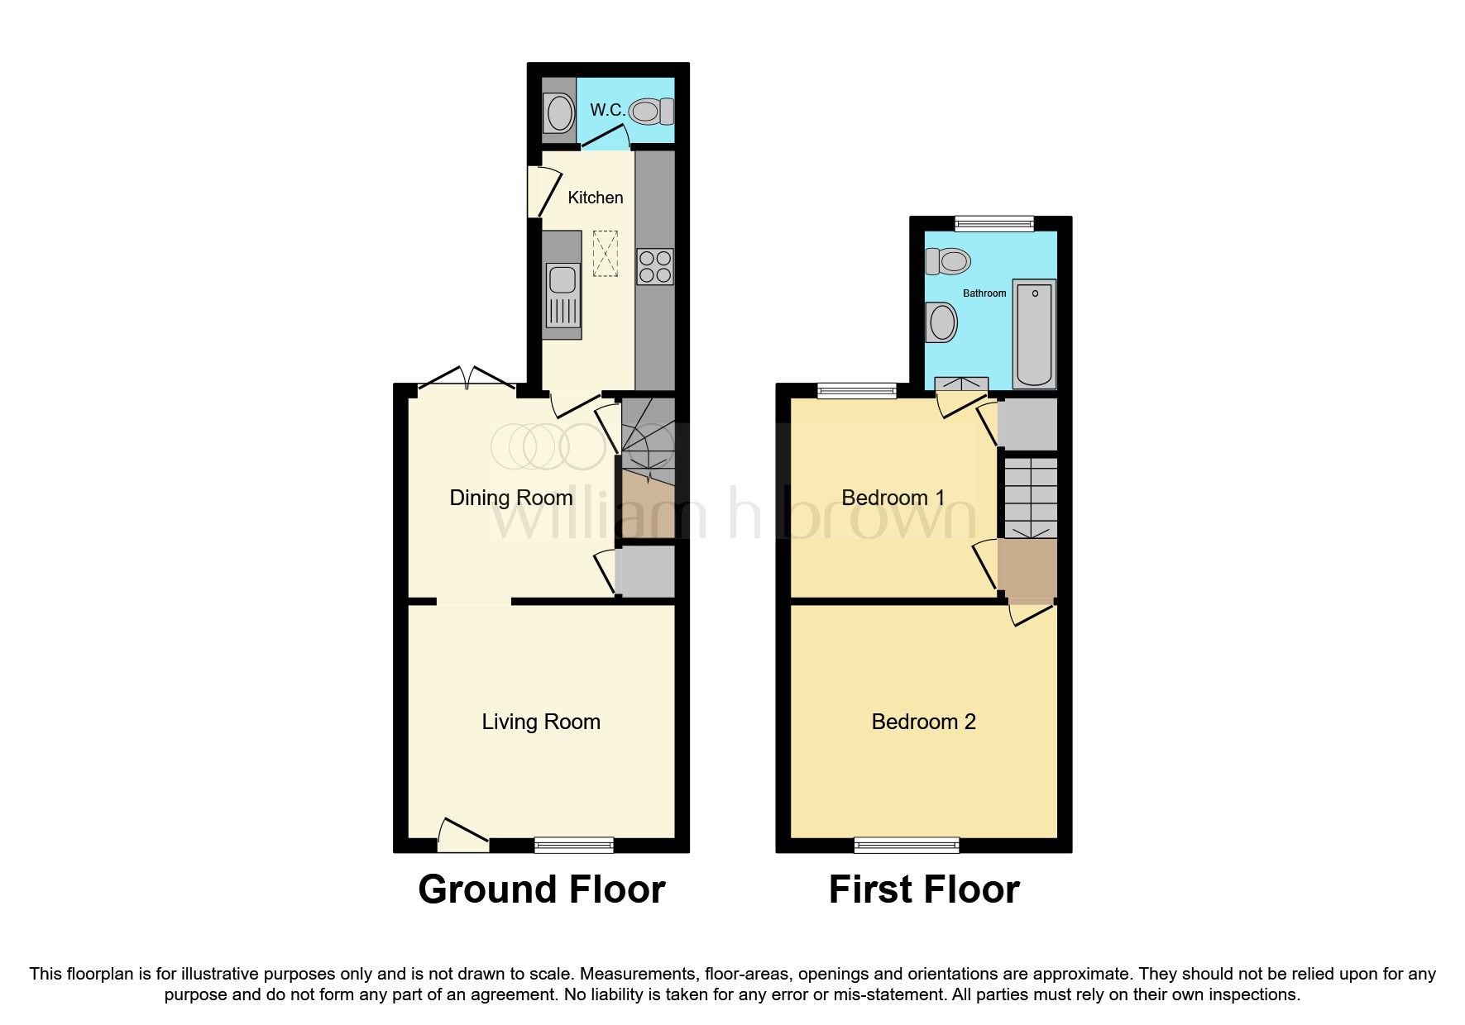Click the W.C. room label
(x=606, y=110)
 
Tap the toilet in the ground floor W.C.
(x=652, y=111)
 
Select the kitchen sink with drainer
(x=563, y=295)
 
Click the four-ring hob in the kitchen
(x=654, y=267)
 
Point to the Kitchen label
(x=595, y=198)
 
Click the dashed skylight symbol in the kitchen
(x=606, y=253)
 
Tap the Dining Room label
(x=510, y=498)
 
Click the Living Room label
(x=541, y=722)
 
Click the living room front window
(x=574, y=845)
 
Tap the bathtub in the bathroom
(x=1034, y=334)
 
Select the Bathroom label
(x=984, y=293)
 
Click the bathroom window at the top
(x=994, y=223)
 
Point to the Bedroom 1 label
(x=893, y=498)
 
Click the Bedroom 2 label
(x=923, y=722)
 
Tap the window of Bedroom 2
(x=907, y=845)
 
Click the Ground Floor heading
(x=541, y=889)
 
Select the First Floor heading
(x=924, y=889)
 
